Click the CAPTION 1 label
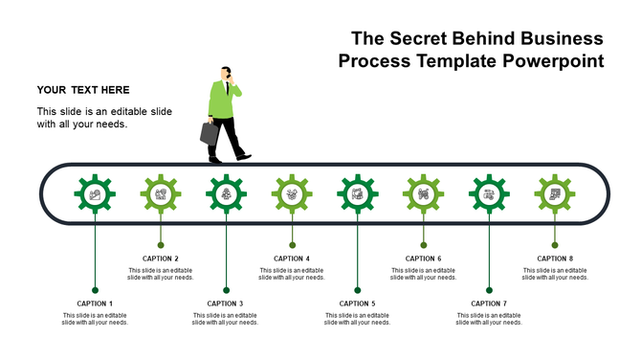pos(95,304)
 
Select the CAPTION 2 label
pos(161,259)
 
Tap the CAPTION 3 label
pos(226,304)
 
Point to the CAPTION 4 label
pos(292,259)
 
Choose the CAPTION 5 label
pos(357,304)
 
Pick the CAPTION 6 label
pos(423,259)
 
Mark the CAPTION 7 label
pos(489,304)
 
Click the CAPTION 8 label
pos(555,259)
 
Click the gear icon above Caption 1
pos(95,194)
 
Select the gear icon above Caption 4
pos(292,194)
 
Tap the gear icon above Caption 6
pos(423,194)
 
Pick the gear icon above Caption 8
pos(555,194)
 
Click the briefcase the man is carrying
pos(209,133)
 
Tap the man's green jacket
pos(223,100)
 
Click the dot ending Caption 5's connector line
pos(357,290)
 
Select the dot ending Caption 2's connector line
pos(161,245)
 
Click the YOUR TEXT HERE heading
pos(83,90)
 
